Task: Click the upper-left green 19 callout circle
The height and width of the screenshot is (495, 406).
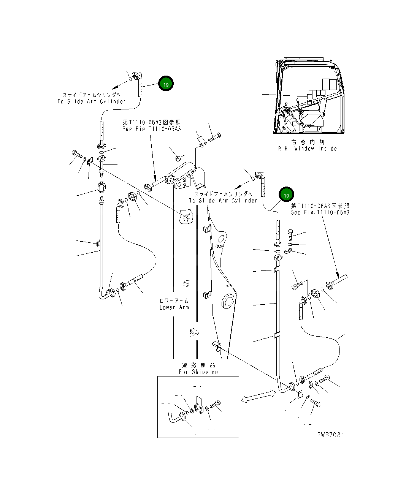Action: (166, 84)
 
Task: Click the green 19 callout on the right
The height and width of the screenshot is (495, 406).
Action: (286, 195)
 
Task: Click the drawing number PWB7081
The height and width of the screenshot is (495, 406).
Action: (330, 435)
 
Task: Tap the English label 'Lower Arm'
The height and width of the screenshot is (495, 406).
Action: (174, 307)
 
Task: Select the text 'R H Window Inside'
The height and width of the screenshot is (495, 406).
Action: (307, 149)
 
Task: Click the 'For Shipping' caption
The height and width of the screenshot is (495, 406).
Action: (198, 372)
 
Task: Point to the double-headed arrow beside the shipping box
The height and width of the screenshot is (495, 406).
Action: (258, 396)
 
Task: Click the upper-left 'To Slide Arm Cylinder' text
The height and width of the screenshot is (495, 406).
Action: (91, 101)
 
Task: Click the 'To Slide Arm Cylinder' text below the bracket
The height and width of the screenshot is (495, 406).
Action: (223, 201)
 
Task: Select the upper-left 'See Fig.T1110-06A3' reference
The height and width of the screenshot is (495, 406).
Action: (151, 129)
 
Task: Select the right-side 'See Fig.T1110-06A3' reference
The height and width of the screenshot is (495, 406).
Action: (320, 212)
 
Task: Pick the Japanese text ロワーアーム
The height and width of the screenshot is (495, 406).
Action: (174, 300)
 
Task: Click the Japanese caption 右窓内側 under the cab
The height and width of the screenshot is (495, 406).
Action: (308, 142)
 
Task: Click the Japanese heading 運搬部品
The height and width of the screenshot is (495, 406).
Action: (198, 365)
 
